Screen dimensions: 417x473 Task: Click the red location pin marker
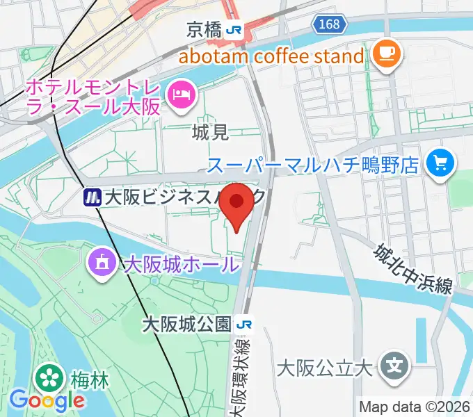(x=239, y=203)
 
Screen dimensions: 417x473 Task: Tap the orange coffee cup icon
(x=384, y=55)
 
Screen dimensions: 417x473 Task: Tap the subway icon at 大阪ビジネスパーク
(x=91, y=198)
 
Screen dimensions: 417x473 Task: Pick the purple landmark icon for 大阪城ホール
(x=103, y=263)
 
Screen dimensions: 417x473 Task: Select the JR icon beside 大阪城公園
(x=243, y=325)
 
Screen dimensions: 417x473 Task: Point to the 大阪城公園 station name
(x=186, y=325)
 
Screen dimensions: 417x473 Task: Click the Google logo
(x=47, y=401)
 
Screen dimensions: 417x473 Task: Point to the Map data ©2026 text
(x=415, y=407)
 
